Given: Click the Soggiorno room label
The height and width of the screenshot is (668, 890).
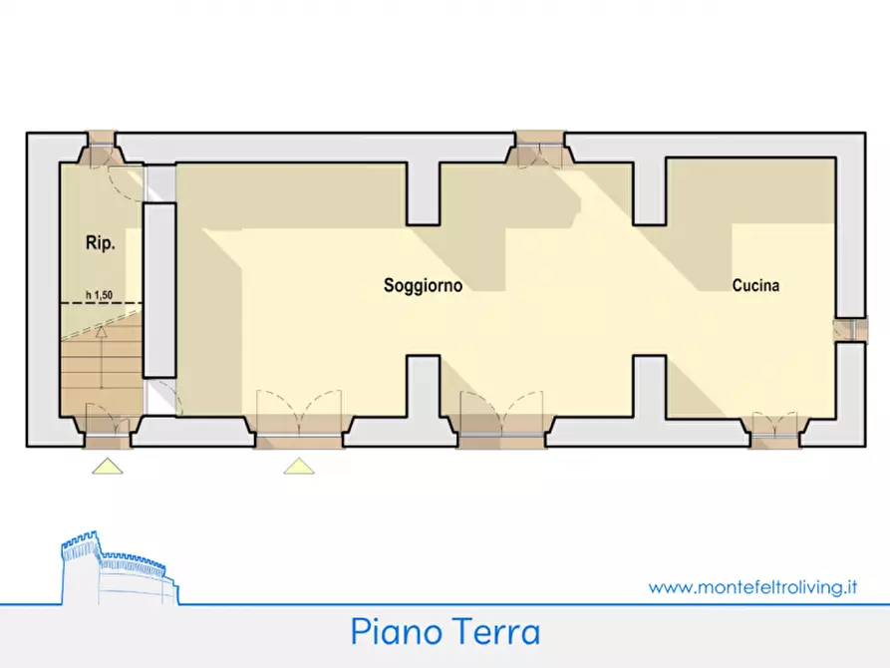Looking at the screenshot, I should pos(423,286).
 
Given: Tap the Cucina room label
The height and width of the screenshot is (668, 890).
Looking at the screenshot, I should pos(755,286).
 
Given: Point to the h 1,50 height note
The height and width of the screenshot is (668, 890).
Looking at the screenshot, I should pos(100,295).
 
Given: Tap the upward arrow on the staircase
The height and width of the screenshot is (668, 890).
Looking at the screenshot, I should pos(101,334).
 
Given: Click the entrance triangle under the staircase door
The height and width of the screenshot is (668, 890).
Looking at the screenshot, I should pos(108,466).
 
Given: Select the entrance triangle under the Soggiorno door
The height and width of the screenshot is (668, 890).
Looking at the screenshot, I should pos(299,466).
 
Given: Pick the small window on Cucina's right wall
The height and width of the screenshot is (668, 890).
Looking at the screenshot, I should pos(850,330).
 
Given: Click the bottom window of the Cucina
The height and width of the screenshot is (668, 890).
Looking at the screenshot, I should pos(774,430).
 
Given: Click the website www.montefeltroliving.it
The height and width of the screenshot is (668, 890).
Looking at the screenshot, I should pos(753,587).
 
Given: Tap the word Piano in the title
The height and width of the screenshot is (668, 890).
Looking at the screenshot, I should pos(393,631).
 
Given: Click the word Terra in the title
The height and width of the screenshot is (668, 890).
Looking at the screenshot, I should pos(494,631).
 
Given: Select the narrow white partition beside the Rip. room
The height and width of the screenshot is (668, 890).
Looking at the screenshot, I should pos(158,289).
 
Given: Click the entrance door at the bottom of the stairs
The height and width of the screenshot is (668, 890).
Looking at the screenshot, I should pos(107,424).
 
